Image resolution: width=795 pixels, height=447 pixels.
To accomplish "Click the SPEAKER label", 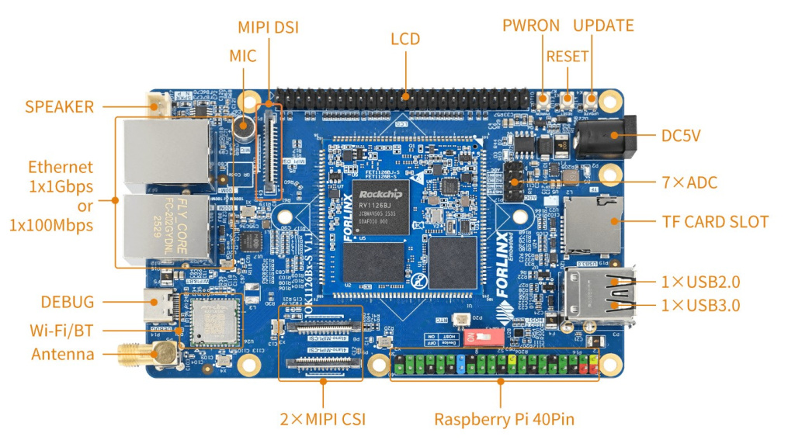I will pyautogui.click(x=59, y=106).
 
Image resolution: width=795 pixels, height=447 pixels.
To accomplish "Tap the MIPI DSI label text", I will pyautogui.click(x=268, y=27).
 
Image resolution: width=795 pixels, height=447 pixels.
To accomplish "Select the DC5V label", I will pyautogui.click(x=681, y=136).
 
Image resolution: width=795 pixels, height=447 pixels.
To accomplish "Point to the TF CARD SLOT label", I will pyautogui.click(x=714, y=222).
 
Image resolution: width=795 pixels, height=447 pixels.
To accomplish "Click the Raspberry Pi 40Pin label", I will pyautogui.click(x=504, y=420).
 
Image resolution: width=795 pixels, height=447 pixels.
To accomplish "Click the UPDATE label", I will pyautogui.click(x=603, y=26).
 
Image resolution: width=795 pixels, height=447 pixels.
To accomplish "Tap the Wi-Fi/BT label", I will pyautogui.click(x=61, y=330).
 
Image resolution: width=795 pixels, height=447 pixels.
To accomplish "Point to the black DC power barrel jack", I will pyautogui.click(x=609, y=136).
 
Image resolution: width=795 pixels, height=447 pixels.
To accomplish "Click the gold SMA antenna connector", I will pyautogui.click(x=148, y=355).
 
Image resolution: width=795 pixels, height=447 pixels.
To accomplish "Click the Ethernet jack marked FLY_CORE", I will pyautogui.click(x=166, y=227).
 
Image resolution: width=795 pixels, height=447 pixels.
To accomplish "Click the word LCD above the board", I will pyautogui.click(x=405, y=39).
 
